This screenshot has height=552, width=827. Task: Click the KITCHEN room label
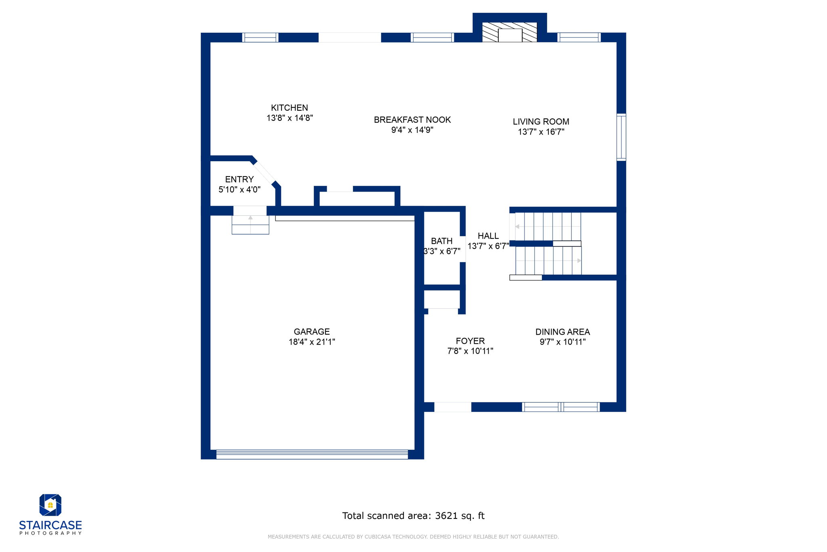point(290,108)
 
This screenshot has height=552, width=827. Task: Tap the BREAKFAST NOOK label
point(412,120)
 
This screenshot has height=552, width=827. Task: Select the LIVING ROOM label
point(541,122)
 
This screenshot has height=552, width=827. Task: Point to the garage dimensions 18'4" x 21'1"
point(312,342)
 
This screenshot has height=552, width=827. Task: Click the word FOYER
point(470,341)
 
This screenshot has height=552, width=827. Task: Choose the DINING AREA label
point(563,332)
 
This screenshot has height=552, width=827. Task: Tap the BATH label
point(442,241)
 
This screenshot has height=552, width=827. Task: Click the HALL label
point(488,236)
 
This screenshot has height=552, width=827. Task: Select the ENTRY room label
point(239,179)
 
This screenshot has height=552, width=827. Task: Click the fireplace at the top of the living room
point(510,32)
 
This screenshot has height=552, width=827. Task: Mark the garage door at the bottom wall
point(312,454)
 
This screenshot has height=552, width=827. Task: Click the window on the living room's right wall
point(621,137)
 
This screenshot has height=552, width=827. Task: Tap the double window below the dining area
point(561,407)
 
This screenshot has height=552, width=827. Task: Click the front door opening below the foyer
point(453,407)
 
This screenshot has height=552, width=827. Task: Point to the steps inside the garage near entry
point(250,225)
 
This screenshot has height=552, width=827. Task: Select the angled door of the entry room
point(264,173)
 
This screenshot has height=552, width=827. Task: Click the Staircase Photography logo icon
point(50,505)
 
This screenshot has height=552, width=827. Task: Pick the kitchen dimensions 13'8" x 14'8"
point(290,118)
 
